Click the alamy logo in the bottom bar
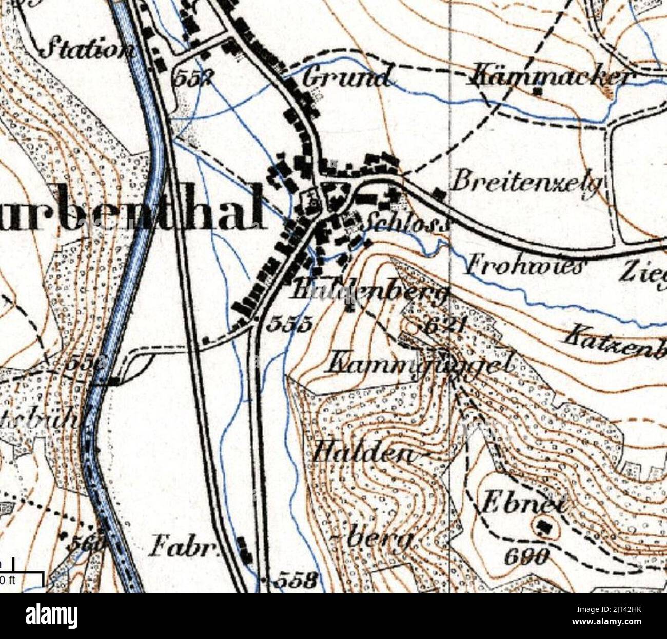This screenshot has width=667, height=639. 52,615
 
